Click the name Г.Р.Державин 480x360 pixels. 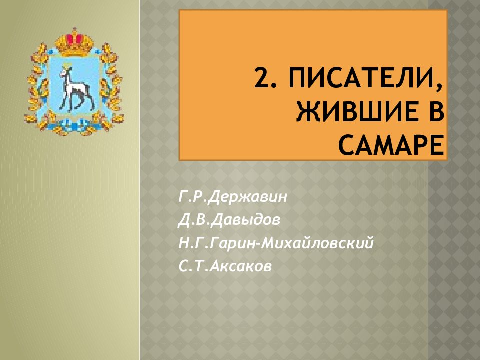[232, 196]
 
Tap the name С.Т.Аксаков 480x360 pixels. [225, 267]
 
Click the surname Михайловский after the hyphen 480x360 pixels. [323, 243]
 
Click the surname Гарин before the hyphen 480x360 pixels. [234, 243]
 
